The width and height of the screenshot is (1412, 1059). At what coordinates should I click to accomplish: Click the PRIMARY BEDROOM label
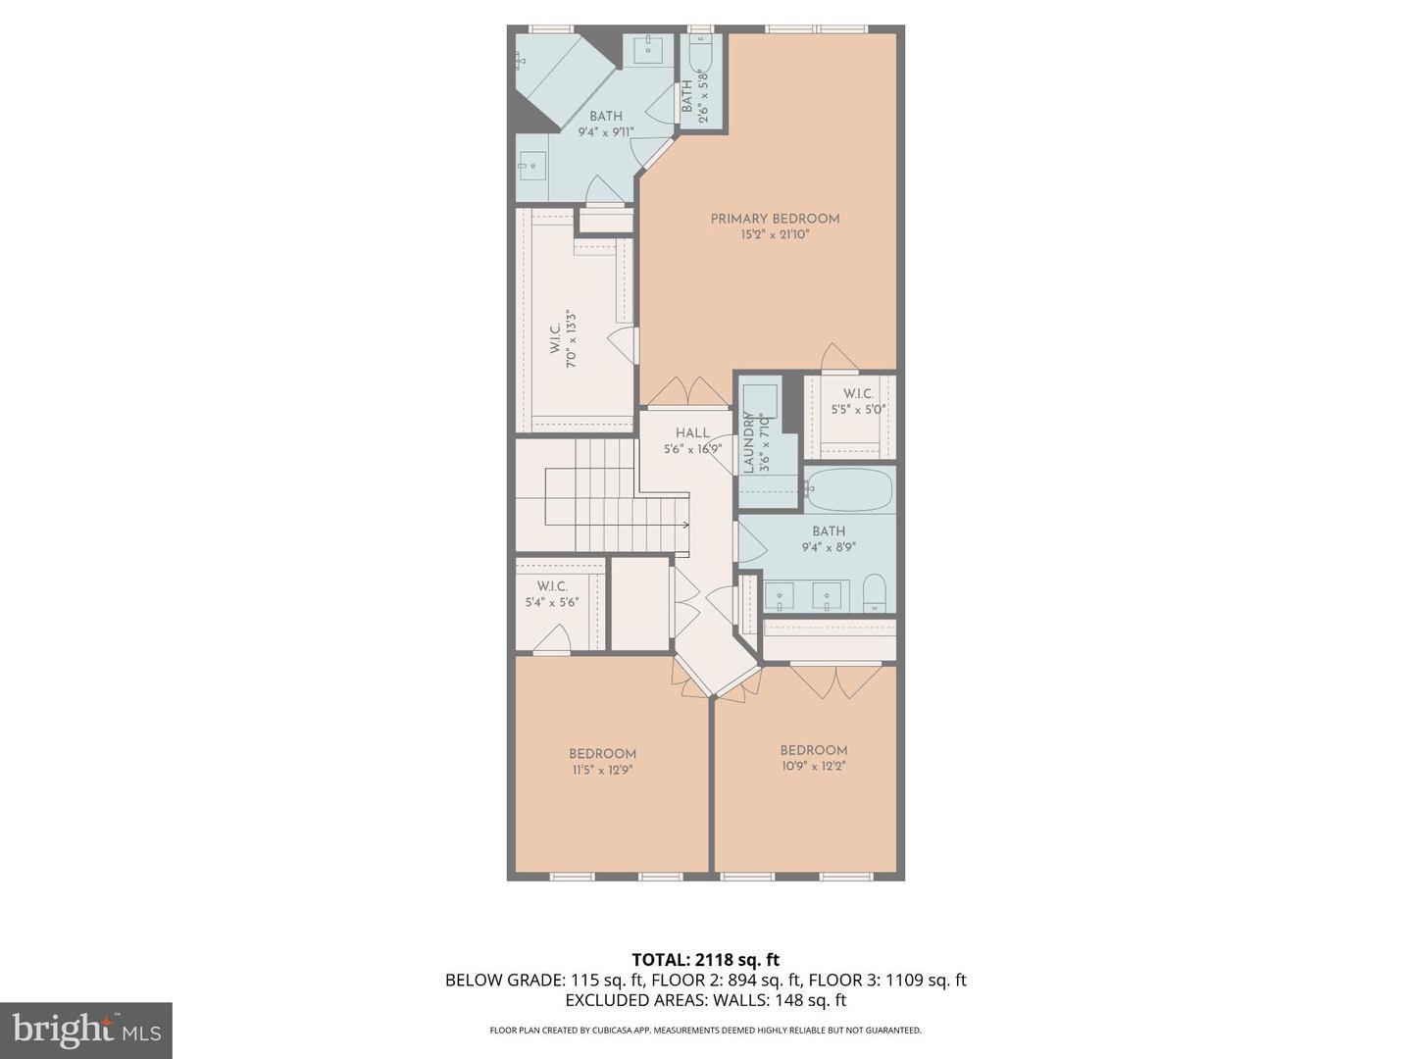775,219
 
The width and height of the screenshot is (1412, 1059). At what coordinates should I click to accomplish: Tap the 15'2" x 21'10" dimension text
775,235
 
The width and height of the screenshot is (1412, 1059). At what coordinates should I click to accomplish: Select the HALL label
692,432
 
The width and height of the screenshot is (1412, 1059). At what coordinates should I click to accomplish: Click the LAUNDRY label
749,443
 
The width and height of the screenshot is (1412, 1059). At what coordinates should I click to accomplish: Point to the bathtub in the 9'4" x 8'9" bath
849,490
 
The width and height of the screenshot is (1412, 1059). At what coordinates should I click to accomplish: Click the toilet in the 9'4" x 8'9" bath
875,593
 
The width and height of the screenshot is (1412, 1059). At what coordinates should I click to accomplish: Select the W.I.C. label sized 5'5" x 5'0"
858,394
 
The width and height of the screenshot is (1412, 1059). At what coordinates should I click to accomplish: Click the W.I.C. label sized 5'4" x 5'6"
552,586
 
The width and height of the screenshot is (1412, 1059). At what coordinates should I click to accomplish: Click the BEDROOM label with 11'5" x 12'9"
602,754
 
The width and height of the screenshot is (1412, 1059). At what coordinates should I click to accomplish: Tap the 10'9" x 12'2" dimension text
814,766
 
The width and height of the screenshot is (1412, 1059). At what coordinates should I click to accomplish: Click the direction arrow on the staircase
683,526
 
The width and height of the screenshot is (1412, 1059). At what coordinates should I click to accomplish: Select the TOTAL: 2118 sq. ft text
705,959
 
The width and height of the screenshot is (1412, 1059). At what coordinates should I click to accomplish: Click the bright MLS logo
86,1030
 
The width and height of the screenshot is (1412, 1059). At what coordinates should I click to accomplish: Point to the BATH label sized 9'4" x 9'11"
606,116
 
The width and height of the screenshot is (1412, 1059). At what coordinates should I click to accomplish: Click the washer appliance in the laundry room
760,401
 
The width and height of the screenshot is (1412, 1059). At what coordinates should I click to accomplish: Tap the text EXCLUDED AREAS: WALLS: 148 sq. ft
705,1000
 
